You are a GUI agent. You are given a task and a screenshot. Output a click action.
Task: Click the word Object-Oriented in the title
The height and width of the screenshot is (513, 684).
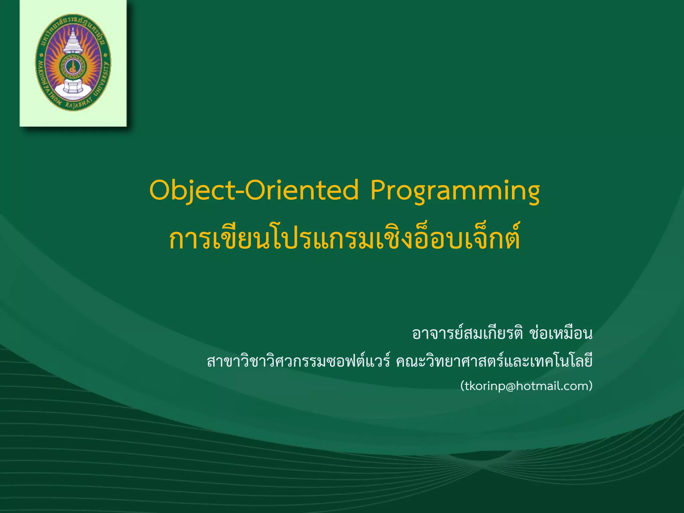[x=254, y=190]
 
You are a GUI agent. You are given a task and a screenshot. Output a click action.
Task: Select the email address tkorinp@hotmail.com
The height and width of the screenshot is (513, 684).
[x=526, y=386]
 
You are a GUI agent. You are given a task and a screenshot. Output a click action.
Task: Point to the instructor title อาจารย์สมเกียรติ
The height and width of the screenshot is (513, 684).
[x=468, y=333]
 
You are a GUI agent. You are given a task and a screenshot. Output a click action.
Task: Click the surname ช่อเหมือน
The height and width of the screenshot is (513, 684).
[x=561, y=333]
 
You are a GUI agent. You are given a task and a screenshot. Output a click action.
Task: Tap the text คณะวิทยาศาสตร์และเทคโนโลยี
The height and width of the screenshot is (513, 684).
[x=494, y=362]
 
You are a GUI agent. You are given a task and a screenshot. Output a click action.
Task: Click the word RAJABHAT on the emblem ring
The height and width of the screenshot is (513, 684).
[x=77, y=106]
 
